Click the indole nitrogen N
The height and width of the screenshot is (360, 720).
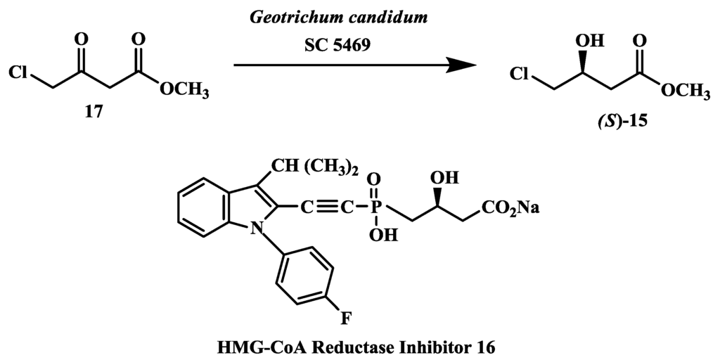[259, 226]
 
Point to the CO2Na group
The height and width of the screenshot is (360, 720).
[510, 207]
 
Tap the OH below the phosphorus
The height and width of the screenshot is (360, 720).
[378, 233]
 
